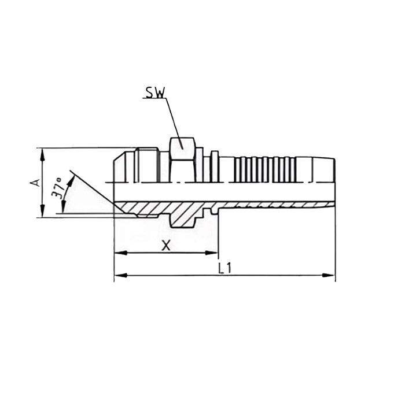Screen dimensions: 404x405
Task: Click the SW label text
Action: [154, 92]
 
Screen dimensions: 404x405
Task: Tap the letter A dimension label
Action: [35, 183]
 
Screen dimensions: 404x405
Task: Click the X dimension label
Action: [166, 245]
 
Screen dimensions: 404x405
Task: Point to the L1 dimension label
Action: [224, 268]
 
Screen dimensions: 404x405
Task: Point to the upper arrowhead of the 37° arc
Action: [71, 180]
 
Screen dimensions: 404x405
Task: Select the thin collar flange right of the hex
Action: [215, 166]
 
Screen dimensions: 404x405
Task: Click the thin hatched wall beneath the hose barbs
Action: [266, 204]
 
